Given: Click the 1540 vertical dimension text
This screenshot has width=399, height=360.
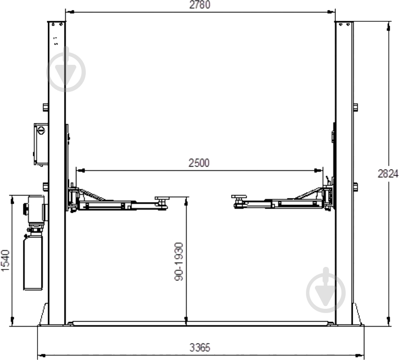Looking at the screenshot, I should [5, 260].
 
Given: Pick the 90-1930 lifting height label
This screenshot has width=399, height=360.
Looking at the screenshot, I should [179, 261].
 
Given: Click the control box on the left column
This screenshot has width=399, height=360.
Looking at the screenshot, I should [41, 143].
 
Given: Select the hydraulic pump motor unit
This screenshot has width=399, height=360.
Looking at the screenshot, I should [35, 209].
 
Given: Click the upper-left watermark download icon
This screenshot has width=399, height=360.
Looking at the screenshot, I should [66, 70].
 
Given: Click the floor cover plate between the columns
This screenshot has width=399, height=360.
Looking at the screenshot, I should [200, 323].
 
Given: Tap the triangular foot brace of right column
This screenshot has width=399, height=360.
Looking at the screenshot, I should [356, 315].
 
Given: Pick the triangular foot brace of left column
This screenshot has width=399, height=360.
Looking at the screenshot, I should [44, 315].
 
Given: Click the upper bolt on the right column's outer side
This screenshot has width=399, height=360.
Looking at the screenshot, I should [355, 107].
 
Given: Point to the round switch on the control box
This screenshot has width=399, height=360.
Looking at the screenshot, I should [41, 131].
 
